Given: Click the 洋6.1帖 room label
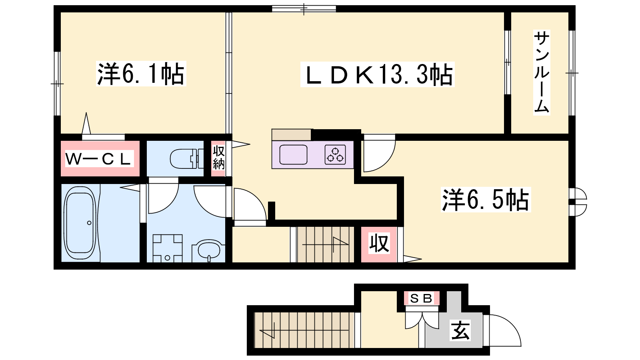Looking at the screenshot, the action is (141, 74).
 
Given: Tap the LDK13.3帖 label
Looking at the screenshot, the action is (377, 74).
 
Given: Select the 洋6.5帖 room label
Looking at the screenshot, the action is (486, 200).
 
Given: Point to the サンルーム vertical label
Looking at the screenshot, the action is (542, 72).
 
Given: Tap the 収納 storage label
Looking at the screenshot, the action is (218, 158).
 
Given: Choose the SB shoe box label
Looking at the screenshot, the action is (422, 298).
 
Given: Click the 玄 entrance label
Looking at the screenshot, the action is (460, 330).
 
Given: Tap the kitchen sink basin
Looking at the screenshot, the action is (293, 154).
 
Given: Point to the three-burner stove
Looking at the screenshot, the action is (335, 154).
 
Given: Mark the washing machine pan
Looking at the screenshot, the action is (168, 248).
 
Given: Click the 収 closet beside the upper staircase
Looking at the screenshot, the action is (379, 244).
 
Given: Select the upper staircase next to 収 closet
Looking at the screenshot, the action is (326, 244).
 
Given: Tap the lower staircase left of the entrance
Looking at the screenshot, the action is (304, 330).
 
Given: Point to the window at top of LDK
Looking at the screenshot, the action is (304, 9).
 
